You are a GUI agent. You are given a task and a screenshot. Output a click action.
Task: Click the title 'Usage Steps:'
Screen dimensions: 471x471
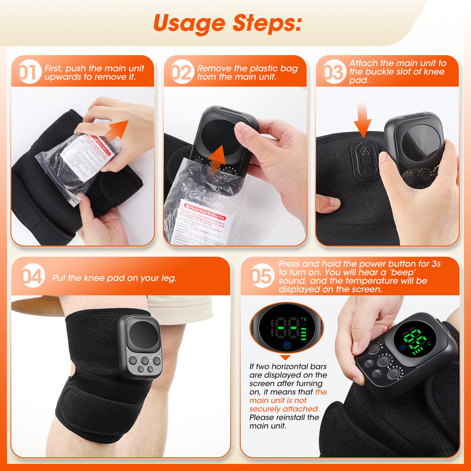227,22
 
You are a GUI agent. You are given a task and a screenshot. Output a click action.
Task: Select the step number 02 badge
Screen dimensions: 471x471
182,73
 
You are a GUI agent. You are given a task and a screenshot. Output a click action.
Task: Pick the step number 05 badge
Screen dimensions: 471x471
261,276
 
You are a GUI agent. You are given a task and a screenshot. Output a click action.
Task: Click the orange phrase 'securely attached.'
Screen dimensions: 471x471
284,409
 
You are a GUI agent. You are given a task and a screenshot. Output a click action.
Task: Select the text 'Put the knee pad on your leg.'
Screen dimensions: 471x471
114,278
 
